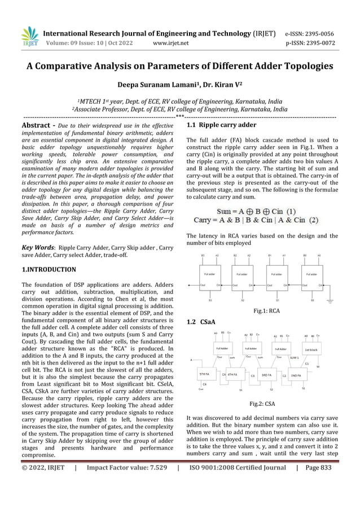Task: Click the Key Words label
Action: [37, 247]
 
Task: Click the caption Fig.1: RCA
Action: [267, 310]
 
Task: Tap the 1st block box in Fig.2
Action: [311, 349]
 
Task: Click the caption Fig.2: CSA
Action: [262, 404]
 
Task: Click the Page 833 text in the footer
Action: [318, 467]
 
